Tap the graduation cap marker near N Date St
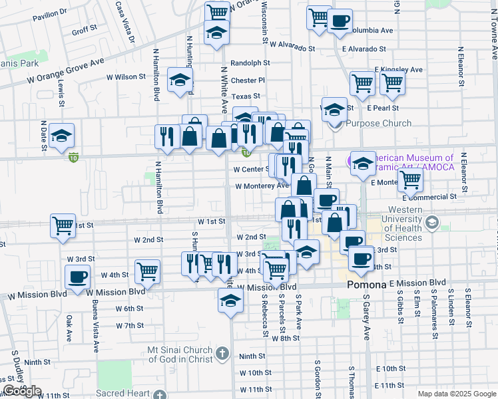click(61, 136)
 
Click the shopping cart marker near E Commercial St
click(411, 179)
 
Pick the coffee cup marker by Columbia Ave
click(340, 20)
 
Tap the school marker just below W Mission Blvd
click(230, 300)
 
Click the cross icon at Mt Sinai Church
click(221, 352)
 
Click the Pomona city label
click(367, 285)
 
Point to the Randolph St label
click(250, 63)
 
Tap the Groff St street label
click(85, 31)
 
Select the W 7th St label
click(129, 326)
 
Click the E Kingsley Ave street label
click(398, 69)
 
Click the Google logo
click(22, 391)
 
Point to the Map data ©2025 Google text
click(457, 394)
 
